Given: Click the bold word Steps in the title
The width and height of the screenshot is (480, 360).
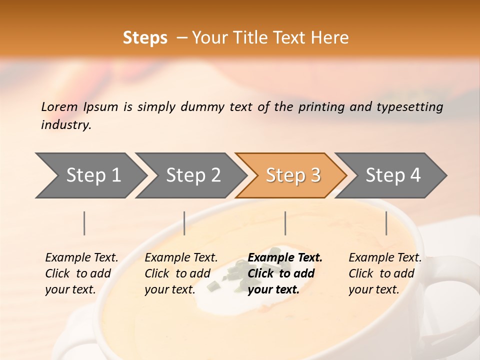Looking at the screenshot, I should [145, 38].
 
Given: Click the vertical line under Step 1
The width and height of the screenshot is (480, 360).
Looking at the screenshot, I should [84, 223].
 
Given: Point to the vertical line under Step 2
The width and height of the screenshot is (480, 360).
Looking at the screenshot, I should [184, 223].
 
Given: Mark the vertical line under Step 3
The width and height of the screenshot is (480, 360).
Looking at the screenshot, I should [285, 223].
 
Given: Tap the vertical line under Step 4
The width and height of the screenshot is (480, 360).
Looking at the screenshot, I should [386, 223].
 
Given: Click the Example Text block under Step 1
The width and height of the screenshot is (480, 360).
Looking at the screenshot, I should [81, 273].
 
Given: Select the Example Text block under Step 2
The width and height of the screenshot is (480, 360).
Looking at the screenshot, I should [181, 273].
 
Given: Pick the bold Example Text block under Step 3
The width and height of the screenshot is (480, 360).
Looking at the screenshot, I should [285, 273].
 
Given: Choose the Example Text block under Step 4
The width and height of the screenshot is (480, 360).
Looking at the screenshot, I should [385, 273].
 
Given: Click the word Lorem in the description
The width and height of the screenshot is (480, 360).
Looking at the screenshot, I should [59, 107].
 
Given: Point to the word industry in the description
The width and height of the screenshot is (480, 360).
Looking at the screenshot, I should [66, 125].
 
